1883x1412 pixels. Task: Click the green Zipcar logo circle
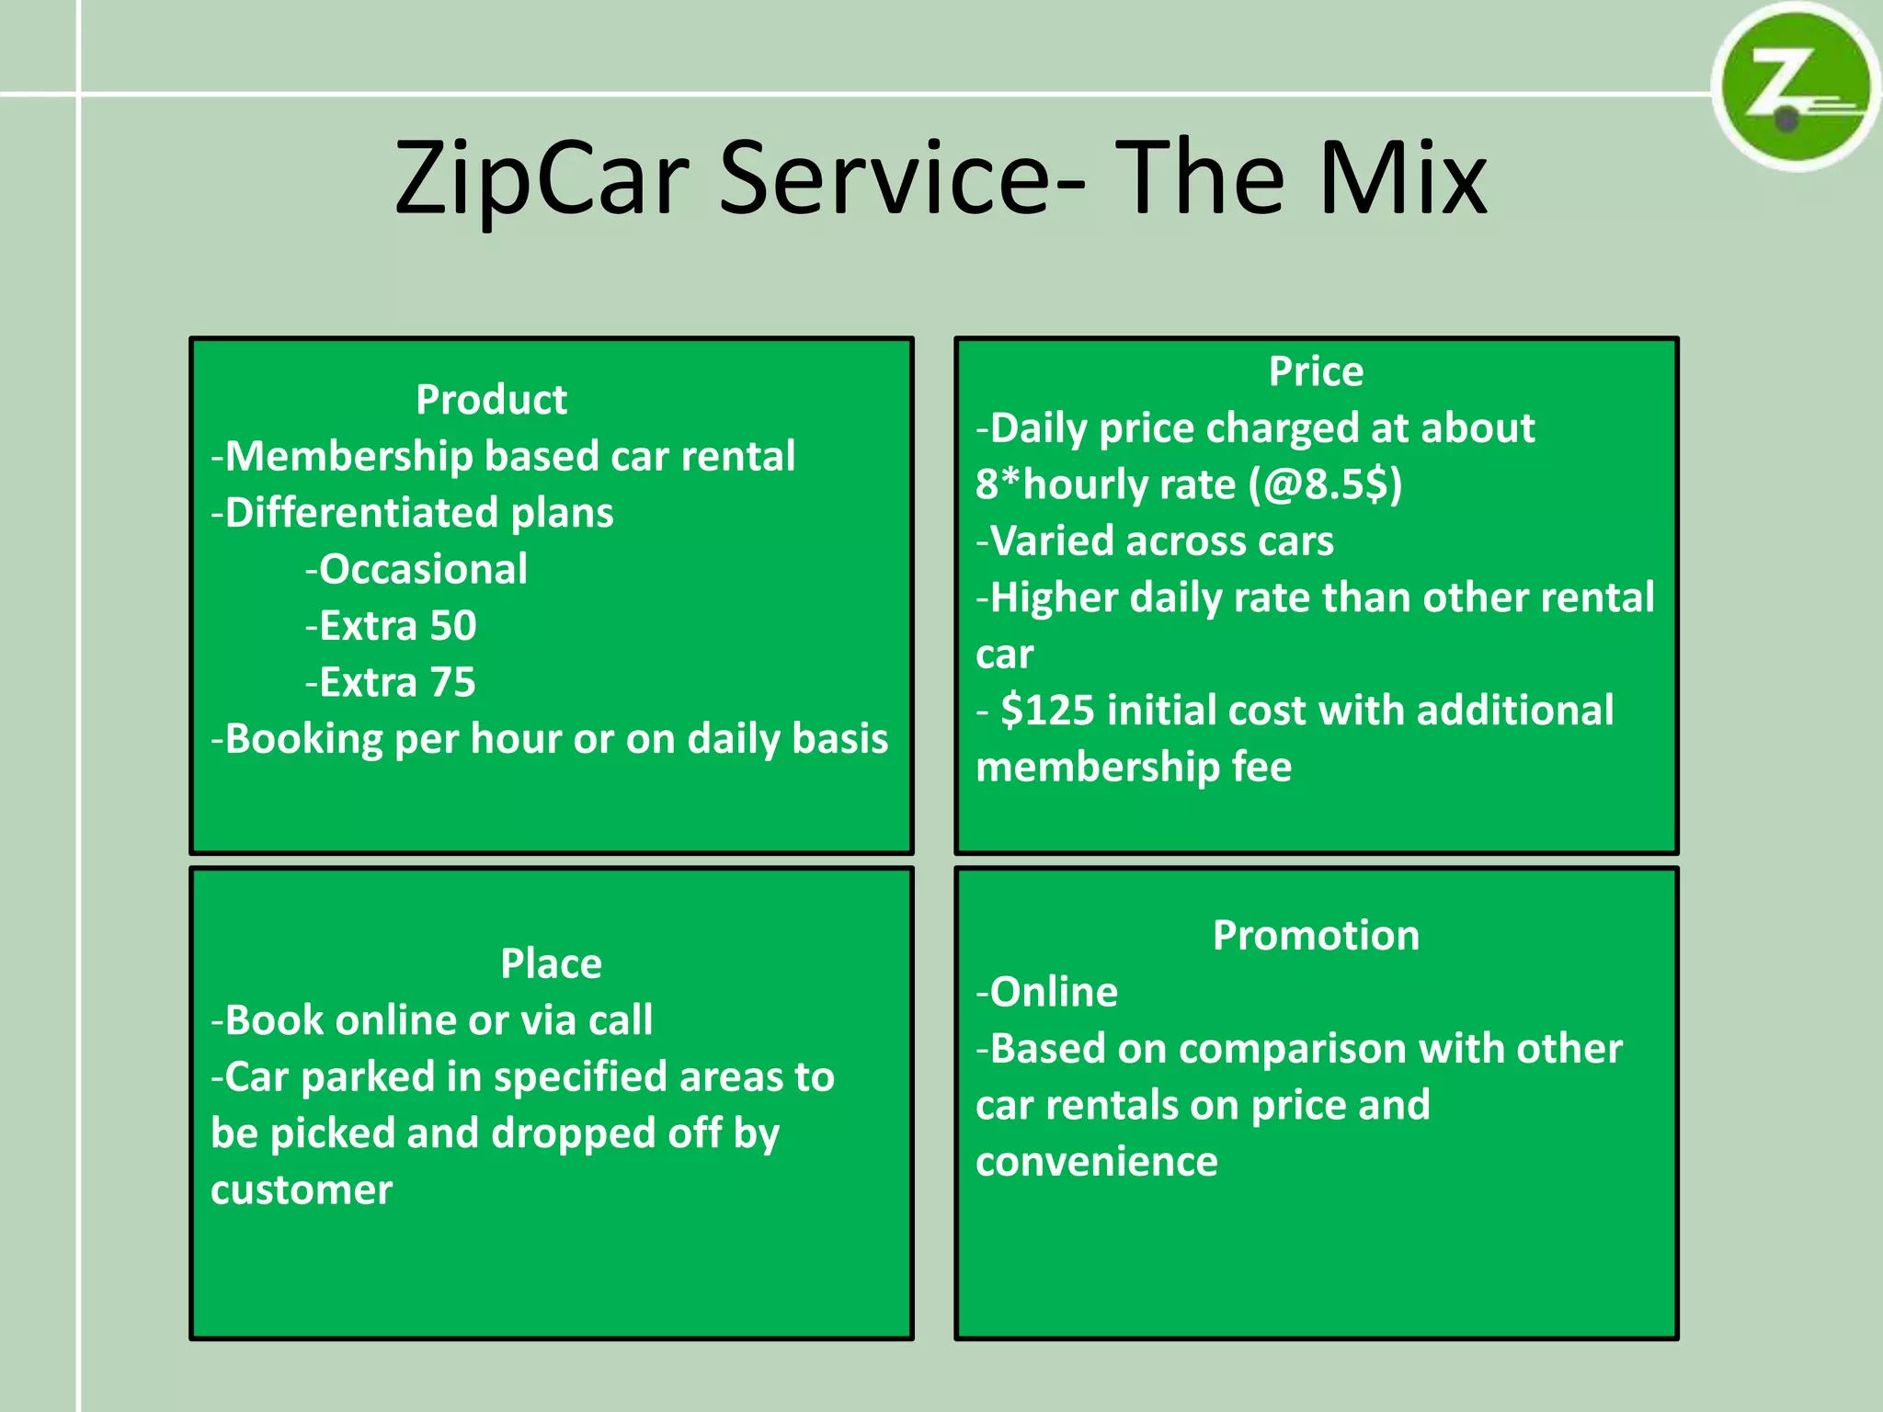click(x=1794, y=88)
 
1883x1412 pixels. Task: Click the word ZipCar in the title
click(x=542, y=178)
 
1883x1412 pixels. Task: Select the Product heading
click(x=491, y=400)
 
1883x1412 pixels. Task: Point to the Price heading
click(x=1316, y=371)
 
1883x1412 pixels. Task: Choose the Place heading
click(x=551, y=963)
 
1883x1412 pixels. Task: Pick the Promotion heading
click(x=1316, y=935)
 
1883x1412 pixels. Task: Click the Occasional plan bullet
click(x=423, y=569)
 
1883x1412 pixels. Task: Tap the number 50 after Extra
click(x=453, y=626)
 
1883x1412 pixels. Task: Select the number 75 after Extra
click(x=453, y=682)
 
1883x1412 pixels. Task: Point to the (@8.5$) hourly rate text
click(x=1325, y=484)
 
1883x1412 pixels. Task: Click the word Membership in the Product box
click(x=348, y=457)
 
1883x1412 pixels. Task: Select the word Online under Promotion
click(x=1054, y=992)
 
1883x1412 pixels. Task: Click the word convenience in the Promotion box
click(x=1097, y=1162)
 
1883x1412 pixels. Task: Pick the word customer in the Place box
click(x=302, y=1190)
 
